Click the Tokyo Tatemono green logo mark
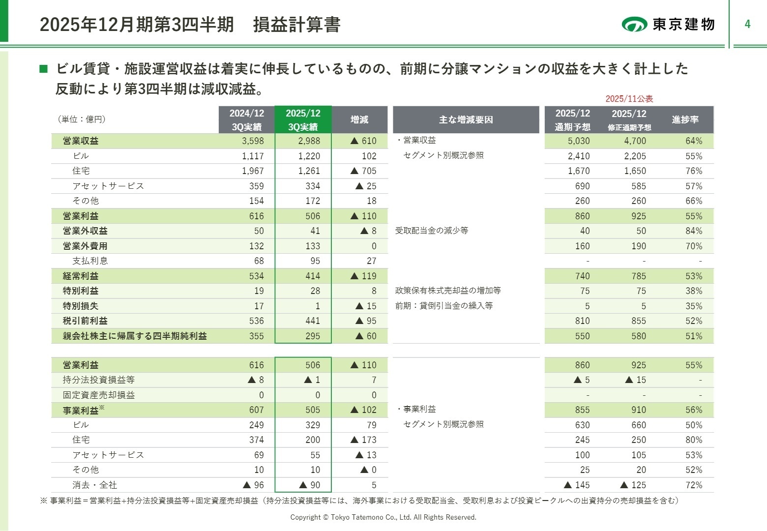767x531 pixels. pyautogui.click(x=634, y=24)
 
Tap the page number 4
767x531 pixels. pyautogui.click(x=747, y=24)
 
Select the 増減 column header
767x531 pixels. pyautogui.click(x=359, y=119)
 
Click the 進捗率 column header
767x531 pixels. pyautogui.click(x=685, y=119)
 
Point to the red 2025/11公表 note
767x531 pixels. pyautogui.click(x=629, y=99)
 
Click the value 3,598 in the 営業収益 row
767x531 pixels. pyautogui.click(x=253, y=141)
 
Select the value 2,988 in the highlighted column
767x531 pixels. pyautogui.click(x=309, y=141)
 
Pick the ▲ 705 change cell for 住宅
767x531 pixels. pyautogui.click(x=363, y=171)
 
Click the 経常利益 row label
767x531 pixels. pyautogui.click(x=81, y=276)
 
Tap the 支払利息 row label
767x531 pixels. pyautogui.click(x=90, y=261)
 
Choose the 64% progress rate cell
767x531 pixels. pyautogui.click(x=694, y=141)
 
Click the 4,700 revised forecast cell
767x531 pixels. pyautogui.click(x=635, y=141)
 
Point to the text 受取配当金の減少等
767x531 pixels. pyautogui.click(x=432, y=231)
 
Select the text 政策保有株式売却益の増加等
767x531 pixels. pyautogui.click(x=448, y=291)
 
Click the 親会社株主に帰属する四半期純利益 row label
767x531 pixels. pyautogui.click(x=135, y=336)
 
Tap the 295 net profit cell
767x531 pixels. pyautogui.click(x=312, y=336)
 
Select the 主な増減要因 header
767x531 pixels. pyautogui.click(x=466, y=119)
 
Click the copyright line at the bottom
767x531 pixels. pyautogui.click(x=383, y=517)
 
